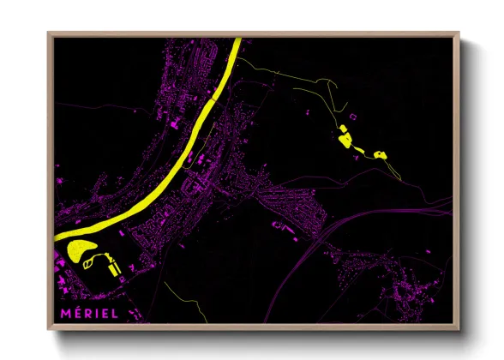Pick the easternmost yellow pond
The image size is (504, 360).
coord(379,154)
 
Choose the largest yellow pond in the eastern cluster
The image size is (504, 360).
coord(345,139)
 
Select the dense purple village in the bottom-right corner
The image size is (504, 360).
coord(411,291)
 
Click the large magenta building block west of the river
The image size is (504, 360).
coord(191,160)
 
